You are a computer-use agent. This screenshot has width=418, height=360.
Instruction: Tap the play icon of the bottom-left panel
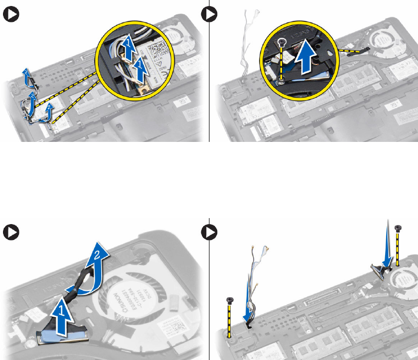click(10, 232)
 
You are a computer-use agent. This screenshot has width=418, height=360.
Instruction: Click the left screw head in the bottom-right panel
click(230, 300)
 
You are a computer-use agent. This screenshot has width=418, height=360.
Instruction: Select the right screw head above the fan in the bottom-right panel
click(398, 228)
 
